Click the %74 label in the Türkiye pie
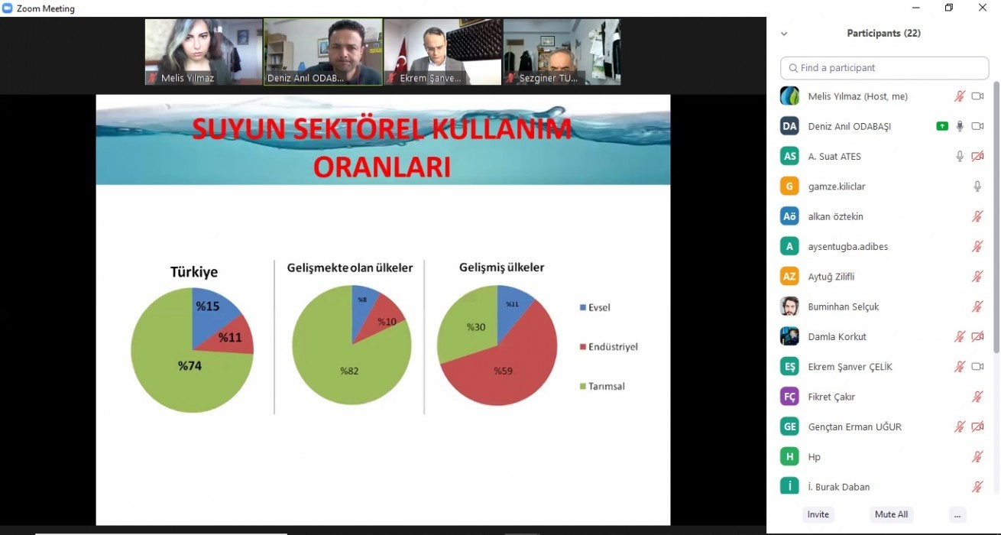pyautogui.click(x=190, y=366)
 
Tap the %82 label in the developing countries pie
pyautogui.click(x=349, y=371)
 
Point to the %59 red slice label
pyautogui.click(x=504, y=371)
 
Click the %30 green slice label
pyautogui.click(x=476, y=327)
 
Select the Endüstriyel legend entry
pyautogui.click(x=609, y=347)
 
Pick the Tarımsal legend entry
pyautogui.click(x=602, y=386)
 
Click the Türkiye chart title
pyautogui.click(x=194, y=272)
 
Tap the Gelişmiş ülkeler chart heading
pyautogui.click(x=501, y=267)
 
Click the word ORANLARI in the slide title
pyautogui.click(x=382, y=167)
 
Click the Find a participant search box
pyautogui.click(x=884, y=68)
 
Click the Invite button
pyautogui.click(x=818, y=514)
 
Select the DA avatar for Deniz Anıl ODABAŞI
pyautogui.click(x=789, y=126)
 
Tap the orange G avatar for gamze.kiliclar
pyautogui.click(x=789, y=186)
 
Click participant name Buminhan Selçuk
pyautogui.click(x=844, y=307)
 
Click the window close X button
pyautogui.click(x=982, y=8)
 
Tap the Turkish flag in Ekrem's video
pyautogui.click(x=401, y=57)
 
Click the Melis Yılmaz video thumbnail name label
pyautogui.click(x=187, y=78)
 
